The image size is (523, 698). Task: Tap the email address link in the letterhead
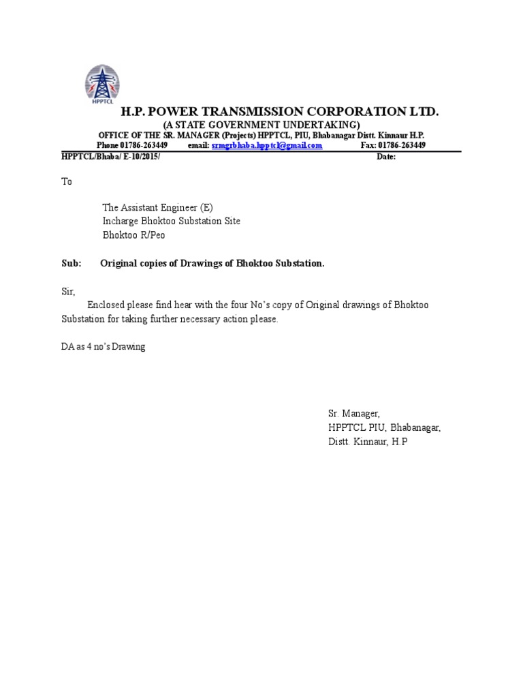(267, 145)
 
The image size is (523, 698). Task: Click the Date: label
(385, 156)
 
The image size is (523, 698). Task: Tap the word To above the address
(66, 182)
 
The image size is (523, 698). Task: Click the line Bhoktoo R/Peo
(133, 235)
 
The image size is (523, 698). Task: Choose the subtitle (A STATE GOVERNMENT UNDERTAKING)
(261, 125)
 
